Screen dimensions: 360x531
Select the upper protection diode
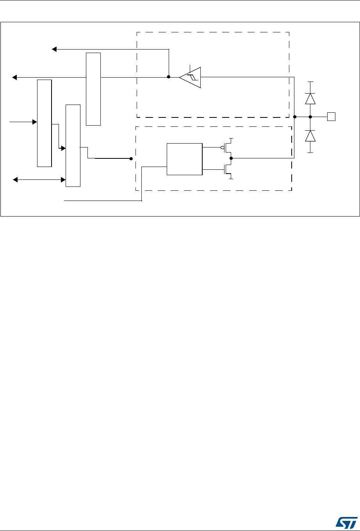coord(310,99)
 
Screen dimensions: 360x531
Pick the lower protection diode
coord(310,136)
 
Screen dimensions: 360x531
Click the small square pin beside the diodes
coord(331,116)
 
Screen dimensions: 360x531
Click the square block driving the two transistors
coord(184,159)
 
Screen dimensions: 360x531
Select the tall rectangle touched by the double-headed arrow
coord(73,146)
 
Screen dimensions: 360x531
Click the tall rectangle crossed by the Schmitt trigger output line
coord(93,89)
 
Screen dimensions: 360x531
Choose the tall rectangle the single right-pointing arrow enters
coord(44,123)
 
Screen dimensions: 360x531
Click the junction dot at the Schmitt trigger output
coord(168,77)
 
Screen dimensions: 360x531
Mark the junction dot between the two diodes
coord(310,116)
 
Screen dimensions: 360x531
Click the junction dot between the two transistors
coord(231,158)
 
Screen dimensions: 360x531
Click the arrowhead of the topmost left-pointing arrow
coord(55,49)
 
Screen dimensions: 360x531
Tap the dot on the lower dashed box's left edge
coord(131,159)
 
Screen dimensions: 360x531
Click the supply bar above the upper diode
coord(310,82)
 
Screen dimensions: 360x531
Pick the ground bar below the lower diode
coord(310,153)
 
